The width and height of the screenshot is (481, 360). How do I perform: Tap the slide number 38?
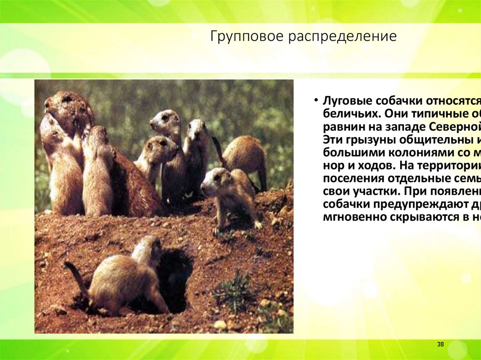[x=440, y=345]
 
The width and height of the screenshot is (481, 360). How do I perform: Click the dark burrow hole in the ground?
[x=174, y=277]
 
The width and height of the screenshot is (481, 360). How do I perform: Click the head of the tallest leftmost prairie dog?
[x=63, y=101]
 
